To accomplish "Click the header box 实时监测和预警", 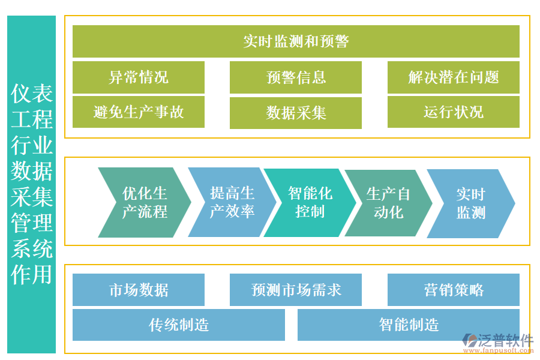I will [x=296, y=41].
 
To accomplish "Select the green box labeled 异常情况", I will [x=139, y=77].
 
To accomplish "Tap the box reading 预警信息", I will [x=296, y=77].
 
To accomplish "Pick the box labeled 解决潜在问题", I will [x=453, y=77].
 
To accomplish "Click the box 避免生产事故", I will [x=139, y=112].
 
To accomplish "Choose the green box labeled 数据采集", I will [x=296, y=113].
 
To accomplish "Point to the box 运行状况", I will [x=453, y=112].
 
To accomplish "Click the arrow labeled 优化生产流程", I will [x=144, y=202].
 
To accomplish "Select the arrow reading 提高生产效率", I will [x=232, y=202].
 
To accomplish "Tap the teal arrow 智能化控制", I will [x=310, y=202].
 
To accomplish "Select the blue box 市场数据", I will [x=139, y=290].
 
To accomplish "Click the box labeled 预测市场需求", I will [x=296, y=290].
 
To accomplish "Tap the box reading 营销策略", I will [x=453, y=290].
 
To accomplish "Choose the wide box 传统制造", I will [x=179, y=325].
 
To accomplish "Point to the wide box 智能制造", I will [x=409, y=325].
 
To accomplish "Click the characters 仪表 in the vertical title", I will [x=32, y=93].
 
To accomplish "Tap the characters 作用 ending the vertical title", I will [x=32, y=274].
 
